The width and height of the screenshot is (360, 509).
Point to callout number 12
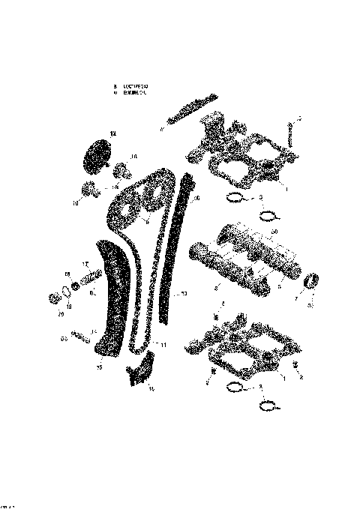[x=114, y=133]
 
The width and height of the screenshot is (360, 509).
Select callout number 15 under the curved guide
[x=99, y=369]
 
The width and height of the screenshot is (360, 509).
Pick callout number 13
[x=184, y=294]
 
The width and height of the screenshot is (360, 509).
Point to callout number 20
[x=61, y=316]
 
